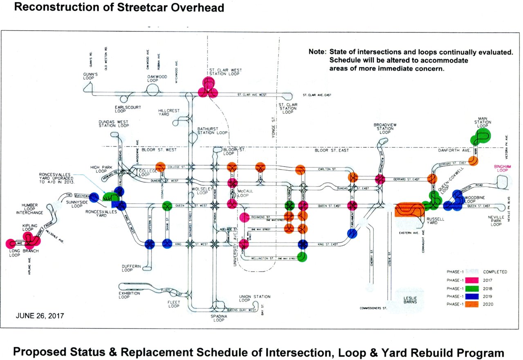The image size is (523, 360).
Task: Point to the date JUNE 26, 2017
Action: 40,316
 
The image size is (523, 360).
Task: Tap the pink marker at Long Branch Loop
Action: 11,243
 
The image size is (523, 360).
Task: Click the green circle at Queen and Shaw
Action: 167,206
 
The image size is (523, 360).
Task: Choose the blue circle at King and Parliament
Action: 352,233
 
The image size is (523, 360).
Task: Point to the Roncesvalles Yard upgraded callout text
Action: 56,179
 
